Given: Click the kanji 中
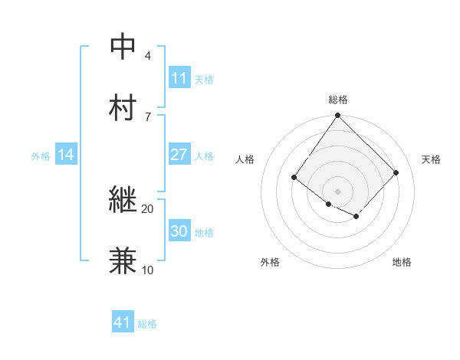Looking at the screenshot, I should pyautogui.click(x=123, y=46).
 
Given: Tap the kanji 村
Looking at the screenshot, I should pyautogui.click(x=123, y=106).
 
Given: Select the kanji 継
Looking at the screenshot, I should pyautogui.click(x=123, y=200).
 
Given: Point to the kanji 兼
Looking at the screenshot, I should pyautogui.click(x=123, y=260).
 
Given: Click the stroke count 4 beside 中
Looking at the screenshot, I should pyautogui.click(x=148, y=56).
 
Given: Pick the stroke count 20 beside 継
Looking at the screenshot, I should pyautogui.click(x=148, y=209).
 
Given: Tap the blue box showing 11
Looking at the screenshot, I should pyautogui.click(x=179, y=78).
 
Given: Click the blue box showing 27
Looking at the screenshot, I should pyautogui.click(x=179, y=155).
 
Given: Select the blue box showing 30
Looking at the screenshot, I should pyautogui.click(x=179, y=231).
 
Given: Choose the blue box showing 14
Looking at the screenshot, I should pyautogui.click(x=66, y=155).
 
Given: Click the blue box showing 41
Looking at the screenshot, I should pyautogui.click(x=123, y=322).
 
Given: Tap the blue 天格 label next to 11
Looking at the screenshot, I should pyautogui.click(x=204, y=79).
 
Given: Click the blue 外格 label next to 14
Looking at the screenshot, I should pyautogui.click(x=41, y=155).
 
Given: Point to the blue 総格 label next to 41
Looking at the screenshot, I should pyautogui.click(x=147, y=324).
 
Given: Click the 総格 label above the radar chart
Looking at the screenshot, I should pyautogui.click(x=338, y=100).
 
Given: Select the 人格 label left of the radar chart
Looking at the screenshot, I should pyautogui.click(x=245, y=159).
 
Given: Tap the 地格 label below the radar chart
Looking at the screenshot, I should pyautogui.click(x=402, y=262).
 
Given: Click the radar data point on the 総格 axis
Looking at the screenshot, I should pyautogui.click(x=338, y=116).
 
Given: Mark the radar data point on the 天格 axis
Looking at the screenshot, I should pyautogui.click(x=396, y=172).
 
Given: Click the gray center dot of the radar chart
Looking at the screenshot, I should pyautogui.click(x=338, y=191).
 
